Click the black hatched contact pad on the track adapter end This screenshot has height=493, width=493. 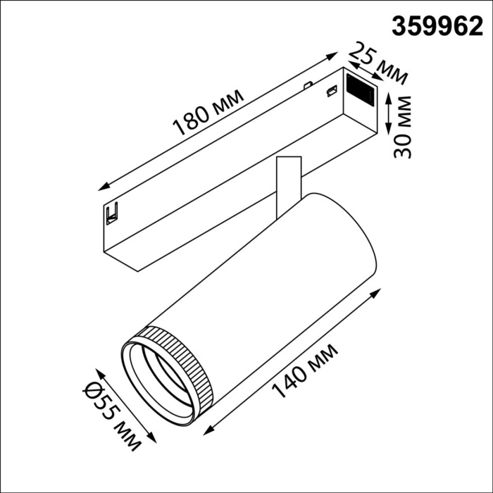[361, 89]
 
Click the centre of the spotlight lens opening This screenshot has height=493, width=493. [156, 385]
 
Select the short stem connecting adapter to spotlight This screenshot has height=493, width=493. [286, 185]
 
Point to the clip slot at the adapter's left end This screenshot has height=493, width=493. [111, 212]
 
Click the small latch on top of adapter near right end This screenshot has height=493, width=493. [329, 90]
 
